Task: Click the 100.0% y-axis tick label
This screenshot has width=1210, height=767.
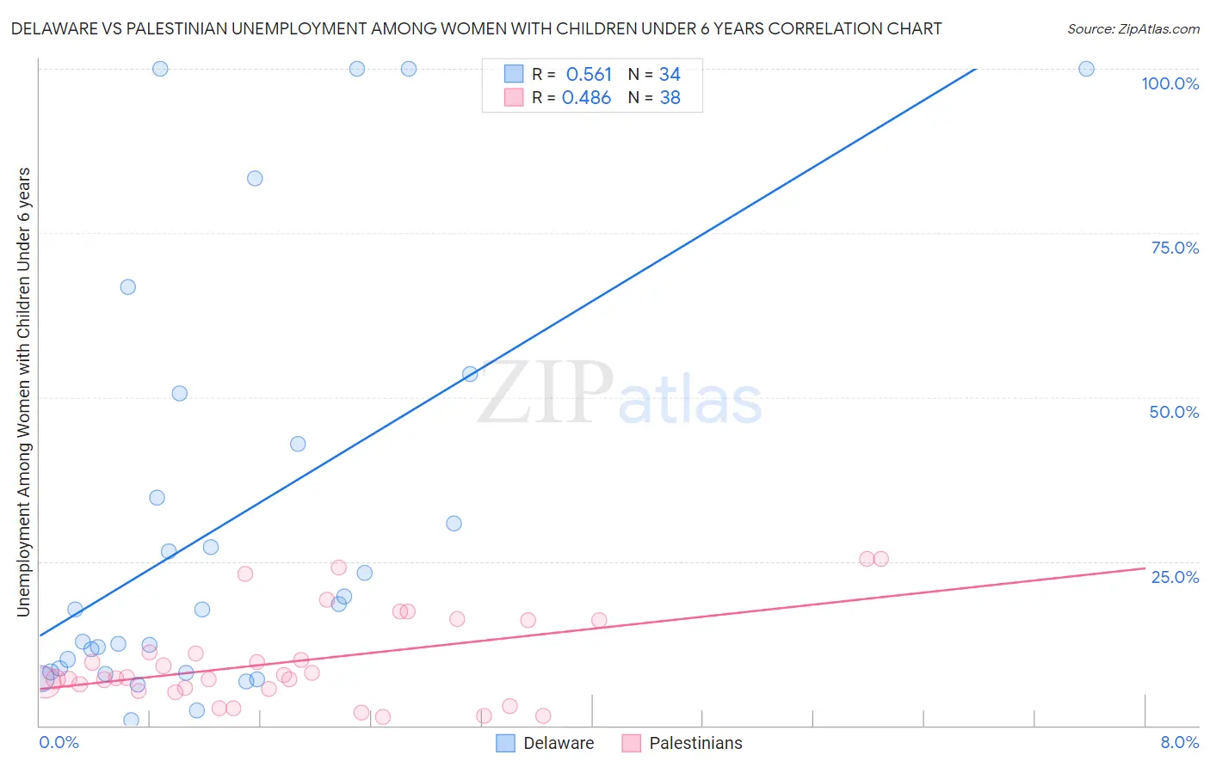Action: tap(1170, 83)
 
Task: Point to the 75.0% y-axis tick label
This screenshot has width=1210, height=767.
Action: tap(1175, 248)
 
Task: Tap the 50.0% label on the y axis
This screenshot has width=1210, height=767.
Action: tap(1174, 412)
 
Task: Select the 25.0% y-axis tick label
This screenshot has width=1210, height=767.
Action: tap(1175, 577)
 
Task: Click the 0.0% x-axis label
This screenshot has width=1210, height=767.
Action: tap(59, 742)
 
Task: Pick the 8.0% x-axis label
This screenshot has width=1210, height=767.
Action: tap(1179, 742)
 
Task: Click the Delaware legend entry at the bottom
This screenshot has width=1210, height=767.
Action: tap(546, 743)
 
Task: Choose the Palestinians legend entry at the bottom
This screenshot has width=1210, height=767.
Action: tap(682, 743)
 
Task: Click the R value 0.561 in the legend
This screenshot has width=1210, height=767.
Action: tap(589, 75)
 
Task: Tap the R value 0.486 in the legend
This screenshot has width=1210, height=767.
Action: tap(586, 98)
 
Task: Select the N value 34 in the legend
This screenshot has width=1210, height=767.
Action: tap(670, 75)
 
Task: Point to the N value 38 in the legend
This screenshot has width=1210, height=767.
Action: tap(670, 98)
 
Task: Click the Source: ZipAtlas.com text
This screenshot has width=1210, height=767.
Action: tap(1133, 29)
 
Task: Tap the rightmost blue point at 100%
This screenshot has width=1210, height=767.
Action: tap(1086, 69)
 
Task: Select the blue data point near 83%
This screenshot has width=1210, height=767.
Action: tap(255, 179)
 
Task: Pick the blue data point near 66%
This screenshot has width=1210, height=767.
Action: tap(127, 287)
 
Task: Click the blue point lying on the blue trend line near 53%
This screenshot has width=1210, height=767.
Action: tap(470, 374)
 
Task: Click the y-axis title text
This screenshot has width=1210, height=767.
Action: tap(23, 392)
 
